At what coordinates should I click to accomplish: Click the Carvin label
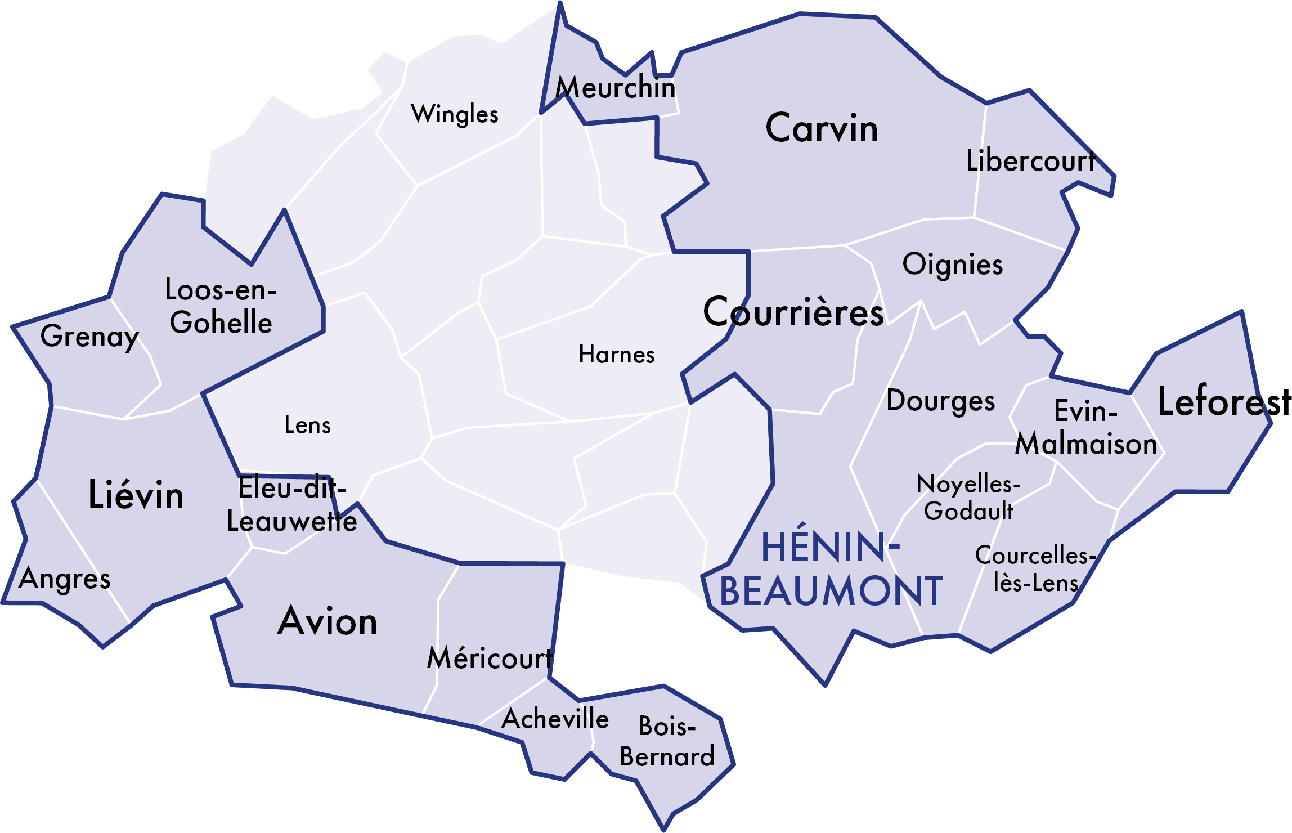pyautogui.click(x=821, y=128)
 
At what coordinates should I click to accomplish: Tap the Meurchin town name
pyautogui.click(x=616, y=88)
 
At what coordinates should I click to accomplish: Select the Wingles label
pyautogui.click(x=455, y=114)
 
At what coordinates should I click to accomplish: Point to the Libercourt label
pyautogui.click(x=1030, y=161)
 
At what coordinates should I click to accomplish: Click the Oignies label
pyautogui.click(x=953, y=265)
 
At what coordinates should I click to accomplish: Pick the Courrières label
pyautogui.click(x=793, y=312)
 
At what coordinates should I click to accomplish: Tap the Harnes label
pyautogui.click(x=617, y=355)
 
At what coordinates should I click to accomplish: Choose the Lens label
pyautogui.click(x=307, y=425)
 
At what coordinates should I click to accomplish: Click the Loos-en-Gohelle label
pyautogui.click(x=221, y=306)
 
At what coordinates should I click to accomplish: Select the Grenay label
pyautogui.click(x=89, y=337)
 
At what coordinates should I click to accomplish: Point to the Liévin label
pyautogui.click(x=136, y=495)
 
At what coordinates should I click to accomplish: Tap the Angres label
pyautogui.click(x=64, y=579)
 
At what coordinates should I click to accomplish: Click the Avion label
pyautogui.click(x=328, y=621)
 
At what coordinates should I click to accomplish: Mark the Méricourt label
pyautogui.click(x=490, y=658)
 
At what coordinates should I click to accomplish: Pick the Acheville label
pyautogui.click(x=555, y=719)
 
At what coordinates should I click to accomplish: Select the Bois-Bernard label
pyautogui.click(x=667, y=741)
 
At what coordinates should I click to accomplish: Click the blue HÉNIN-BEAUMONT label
pyautogui.click(x=831, y=569)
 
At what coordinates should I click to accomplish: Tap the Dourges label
pyautogui.click(x=940, y=401)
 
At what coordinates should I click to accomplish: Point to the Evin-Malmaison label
pyautogui.click(x=1086, y=427)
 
